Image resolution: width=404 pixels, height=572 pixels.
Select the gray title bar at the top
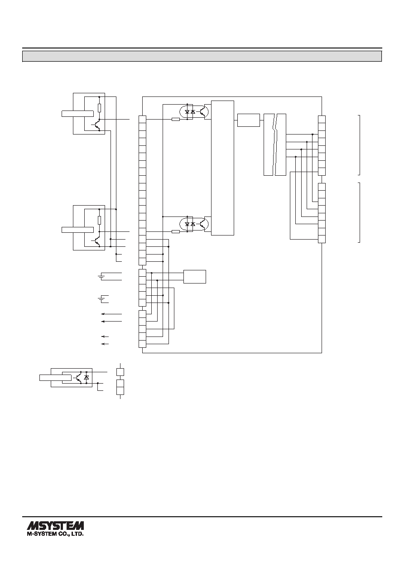(202, 56)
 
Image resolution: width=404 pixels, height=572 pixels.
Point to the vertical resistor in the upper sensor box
(99, 108)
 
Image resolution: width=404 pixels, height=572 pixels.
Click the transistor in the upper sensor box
(96, 125)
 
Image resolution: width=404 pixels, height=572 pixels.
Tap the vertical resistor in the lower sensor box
(99, 220)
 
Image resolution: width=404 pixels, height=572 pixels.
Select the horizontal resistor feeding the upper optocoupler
(176, 119)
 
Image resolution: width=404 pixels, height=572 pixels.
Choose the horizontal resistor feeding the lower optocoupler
(176, 231)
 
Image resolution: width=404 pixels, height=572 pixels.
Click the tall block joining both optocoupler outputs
(223, 168)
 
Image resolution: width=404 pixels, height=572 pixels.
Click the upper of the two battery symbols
(101, 277)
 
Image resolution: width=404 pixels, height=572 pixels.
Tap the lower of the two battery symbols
(101, 299)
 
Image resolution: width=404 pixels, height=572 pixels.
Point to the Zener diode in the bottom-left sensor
(87, 377)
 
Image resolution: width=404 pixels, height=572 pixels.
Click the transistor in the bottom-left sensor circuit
(78, 377)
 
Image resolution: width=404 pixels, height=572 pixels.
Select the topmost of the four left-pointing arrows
(111, 314)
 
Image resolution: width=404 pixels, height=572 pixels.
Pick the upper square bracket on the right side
(359, 145)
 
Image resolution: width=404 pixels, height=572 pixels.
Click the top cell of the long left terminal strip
(142, 120)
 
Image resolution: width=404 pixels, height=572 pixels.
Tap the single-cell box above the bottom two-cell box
(120, 372)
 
